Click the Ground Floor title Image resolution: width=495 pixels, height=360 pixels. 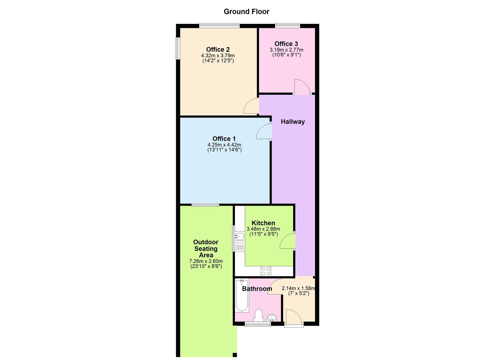pyautogui.click(x=246, y=12)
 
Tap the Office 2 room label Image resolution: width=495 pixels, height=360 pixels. pyautogui.click(x=218, y=50)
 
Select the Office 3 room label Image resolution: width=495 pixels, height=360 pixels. pyautogui.click(x=286, y=44)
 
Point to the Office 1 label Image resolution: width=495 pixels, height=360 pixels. pyautogui.click(x=224, y=139)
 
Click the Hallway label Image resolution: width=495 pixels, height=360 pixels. pyautogui.click(x=293, y=122)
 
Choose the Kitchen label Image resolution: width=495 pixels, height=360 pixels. pyautogui.click(x=263, y=223)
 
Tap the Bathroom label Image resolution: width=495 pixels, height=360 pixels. pyautogui.click(x=257, y=289)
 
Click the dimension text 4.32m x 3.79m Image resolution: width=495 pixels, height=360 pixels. pyautogui.click(x=218, y=56)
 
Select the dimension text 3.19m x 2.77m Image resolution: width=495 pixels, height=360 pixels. pyautogui.click(x=286, y=50)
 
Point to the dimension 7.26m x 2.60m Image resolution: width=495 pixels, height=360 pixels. pyautogui.click(x=206, y=261)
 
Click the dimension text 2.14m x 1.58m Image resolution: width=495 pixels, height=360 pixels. pyautogui.click(x=299, y=288)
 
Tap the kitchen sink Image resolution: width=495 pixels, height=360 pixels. pyautogui.click(x=239, y=237)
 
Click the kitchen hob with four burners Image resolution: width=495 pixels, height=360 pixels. pyautogui.click(x=266, y=271)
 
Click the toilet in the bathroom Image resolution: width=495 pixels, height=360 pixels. pyautogui.click(x=258, y=315)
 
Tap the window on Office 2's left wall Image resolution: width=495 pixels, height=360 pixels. pyautogui.click(x=178, y=49)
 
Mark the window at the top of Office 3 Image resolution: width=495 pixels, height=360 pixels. pyautogui.click(x=287, y=25)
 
